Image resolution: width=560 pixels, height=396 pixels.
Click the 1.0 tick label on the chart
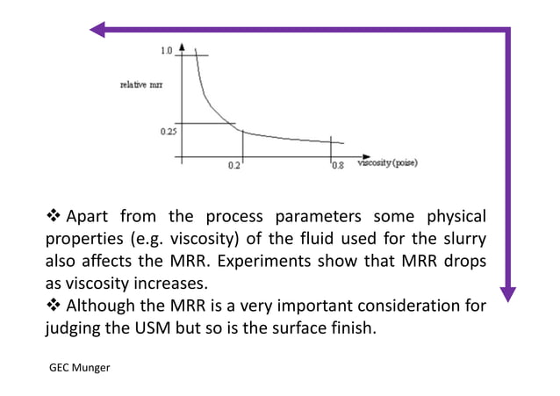point(166,52)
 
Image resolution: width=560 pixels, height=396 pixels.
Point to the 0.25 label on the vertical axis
point(168,132)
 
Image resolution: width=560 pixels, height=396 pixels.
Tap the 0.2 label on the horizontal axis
point(233,165)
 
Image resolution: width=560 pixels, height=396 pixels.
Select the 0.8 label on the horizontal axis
point(337,165)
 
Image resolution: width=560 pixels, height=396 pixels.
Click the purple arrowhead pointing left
point(97,30)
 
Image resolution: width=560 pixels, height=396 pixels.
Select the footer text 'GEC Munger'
point(79,368)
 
